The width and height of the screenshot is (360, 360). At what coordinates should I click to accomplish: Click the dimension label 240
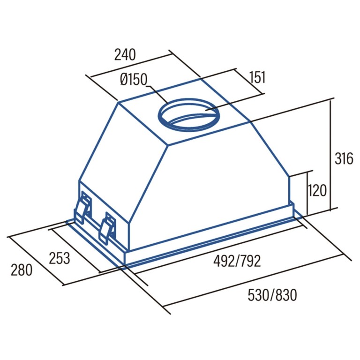pyautogui.click(x=125, y=55)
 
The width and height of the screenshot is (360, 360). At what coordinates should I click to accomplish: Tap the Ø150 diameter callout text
pyautogui.click(x=134, y=79)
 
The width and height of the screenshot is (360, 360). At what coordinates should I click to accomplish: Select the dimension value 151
pyautogui.click(x=257, y=77)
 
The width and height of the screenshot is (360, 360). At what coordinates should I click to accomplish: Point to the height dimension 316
pyautogui.click(x=344, y=158)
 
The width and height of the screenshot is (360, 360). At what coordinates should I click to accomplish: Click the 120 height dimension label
pyautogui.click(x=316, y=190)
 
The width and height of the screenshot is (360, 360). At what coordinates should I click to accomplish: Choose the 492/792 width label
pyautogui.click(x=237, y=261)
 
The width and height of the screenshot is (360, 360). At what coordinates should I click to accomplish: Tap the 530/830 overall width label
pyautogui.click(x=272, y=295)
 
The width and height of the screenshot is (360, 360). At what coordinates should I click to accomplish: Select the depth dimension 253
pyautogui.click(x=60, y=258)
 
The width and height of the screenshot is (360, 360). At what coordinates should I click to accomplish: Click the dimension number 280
pyautogui.click(x=22, y=270)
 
